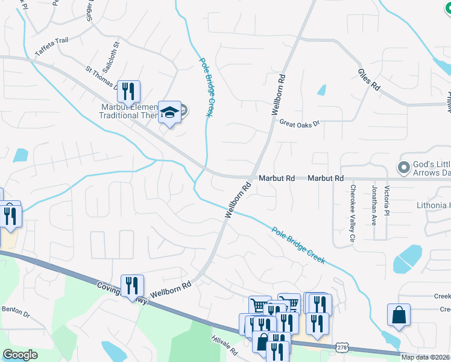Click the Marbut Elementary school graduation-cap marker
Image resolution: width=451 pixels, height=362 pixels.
(x=170, y=112)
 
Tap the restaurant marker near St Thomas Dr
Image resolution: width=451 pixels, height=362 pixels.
(x=128, y=92)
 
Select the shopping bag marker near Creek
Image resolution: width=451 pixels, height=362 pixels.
(x=399, y=314)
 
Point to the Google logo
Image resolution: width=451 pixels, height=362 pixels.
(x=20, y=355)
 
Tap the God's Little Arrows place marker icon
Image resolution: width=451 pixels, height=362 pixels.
(x=404, y=166)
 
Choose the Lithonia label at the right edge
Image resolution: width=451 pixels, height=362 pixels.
(x=434, y=205)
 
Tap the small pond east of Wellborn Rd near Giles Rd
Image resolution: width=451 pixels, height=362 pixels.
(x=321, y=91)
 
